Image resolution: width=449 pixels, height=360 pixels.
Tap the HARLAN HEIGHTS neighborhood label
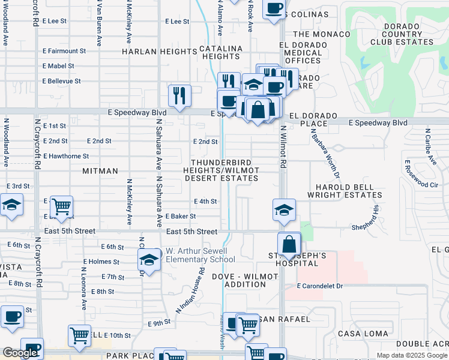coord(159,52)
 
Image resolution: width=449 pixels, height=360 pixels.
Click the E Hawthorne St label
coord(66,156)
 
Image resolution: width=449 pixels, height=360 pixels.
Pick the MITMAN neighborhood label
coord(100,171)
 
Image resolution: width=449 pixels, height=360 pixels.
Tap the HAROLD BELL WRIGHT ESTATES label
coord(344,190)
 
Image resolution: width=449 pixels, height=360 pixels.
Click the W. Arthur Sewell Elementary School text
coord(200,256)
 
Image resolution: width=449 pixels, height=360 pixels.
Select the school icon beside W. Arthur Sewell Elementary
coord(148,260)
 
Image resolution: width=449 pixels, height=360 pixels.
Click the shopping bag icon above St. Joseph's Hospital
coord(289,244)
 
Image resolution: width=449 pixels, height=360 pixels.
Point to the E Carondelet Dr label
coord(319,286)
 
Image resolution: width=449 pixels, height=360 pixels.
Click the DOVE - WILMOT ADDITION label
coord(244,281)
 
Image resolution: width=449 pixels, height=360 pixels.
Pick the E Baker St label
coord(181,216)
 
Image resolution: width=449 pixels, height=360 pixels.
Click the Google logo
coord(20,353)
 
